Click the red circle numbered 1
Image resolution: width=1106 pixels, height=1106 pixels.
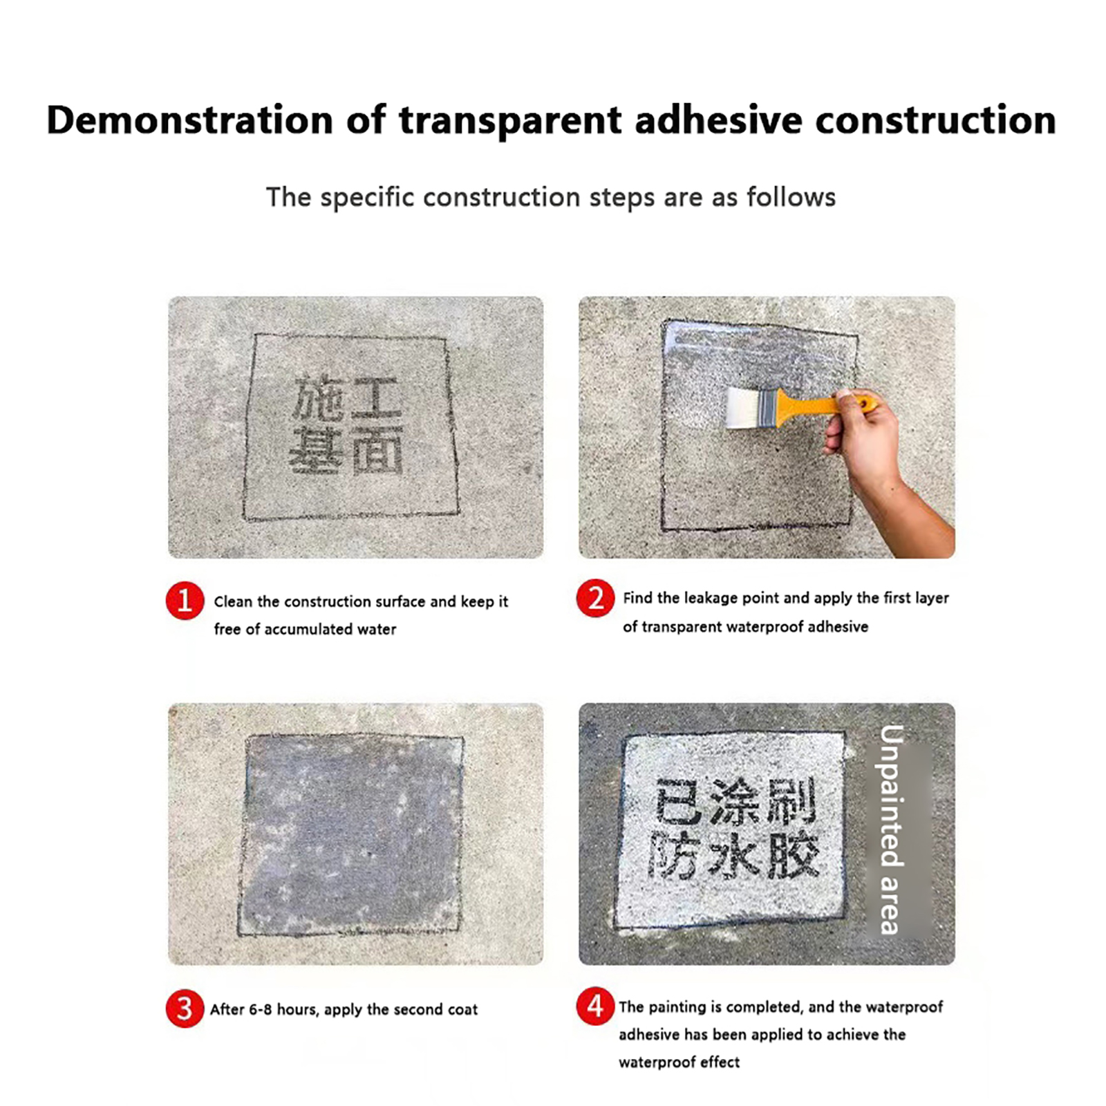(x=185, y=600)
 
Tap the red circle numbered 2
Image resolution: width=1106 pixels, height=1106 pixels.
(x=595, y=598)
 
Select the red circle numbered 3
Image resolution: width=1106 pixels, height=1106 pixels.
(x=185, y=1009)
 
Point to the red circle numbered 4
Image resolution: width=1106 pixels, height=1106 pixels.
(x=595, y=1006)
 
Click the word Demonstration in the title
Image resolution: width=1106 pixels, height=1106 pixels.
(x=190, y=120)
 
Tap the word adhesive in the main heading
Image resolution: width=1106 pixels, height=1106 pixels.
(x=718, y=120)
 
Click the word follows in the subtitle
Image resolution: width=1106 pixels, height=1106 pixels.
(x=791, y=197)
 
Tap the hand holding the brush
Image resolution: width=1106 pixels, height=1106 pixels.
(x=864, y=435)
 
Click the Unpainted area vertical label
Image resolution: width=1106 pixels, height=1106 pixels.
(x=892, y=829)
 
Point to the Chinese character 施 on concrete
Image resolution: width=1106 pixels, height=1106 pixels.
(x=318, y=398)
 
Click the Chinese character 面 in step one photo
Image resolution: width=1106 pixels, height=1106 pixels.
(x=377, y=449)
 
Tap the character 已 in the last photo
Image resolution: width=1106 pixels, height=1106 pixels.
(x=679, y=801)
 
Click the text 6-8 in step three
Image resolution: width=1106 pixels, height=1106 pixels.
(x=261, y=1009)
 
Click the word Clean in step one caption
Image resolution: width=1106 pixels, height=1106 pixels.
(x=233, y=601)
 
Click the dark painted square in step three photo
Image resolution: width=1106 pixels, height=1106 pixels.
(x=351, y=835)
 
